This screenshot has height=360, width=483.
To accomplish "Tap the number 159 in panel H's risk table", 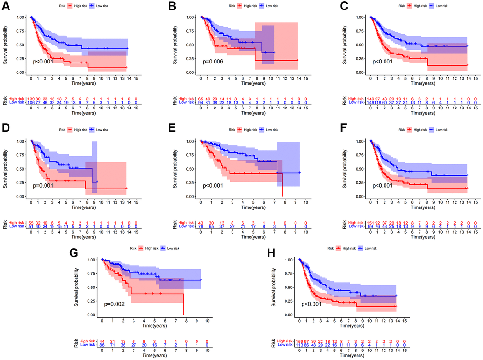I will pyautogui.click(x=298, y=341).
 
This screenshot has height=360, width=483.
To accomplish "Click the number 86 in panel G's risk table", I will pyautogui.click(x=102, y=345).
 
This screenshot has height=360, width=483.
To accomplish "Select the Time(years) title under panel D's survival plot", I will pyautogui.click(x=83, y=208).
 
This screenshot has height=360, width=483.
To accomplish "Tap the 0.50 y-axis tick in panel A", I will pyautogui.click(x=21, y=45).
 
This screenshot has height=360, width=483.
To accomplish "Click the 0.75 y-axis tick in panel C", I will pyautogui.click(x=361, y=31).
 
